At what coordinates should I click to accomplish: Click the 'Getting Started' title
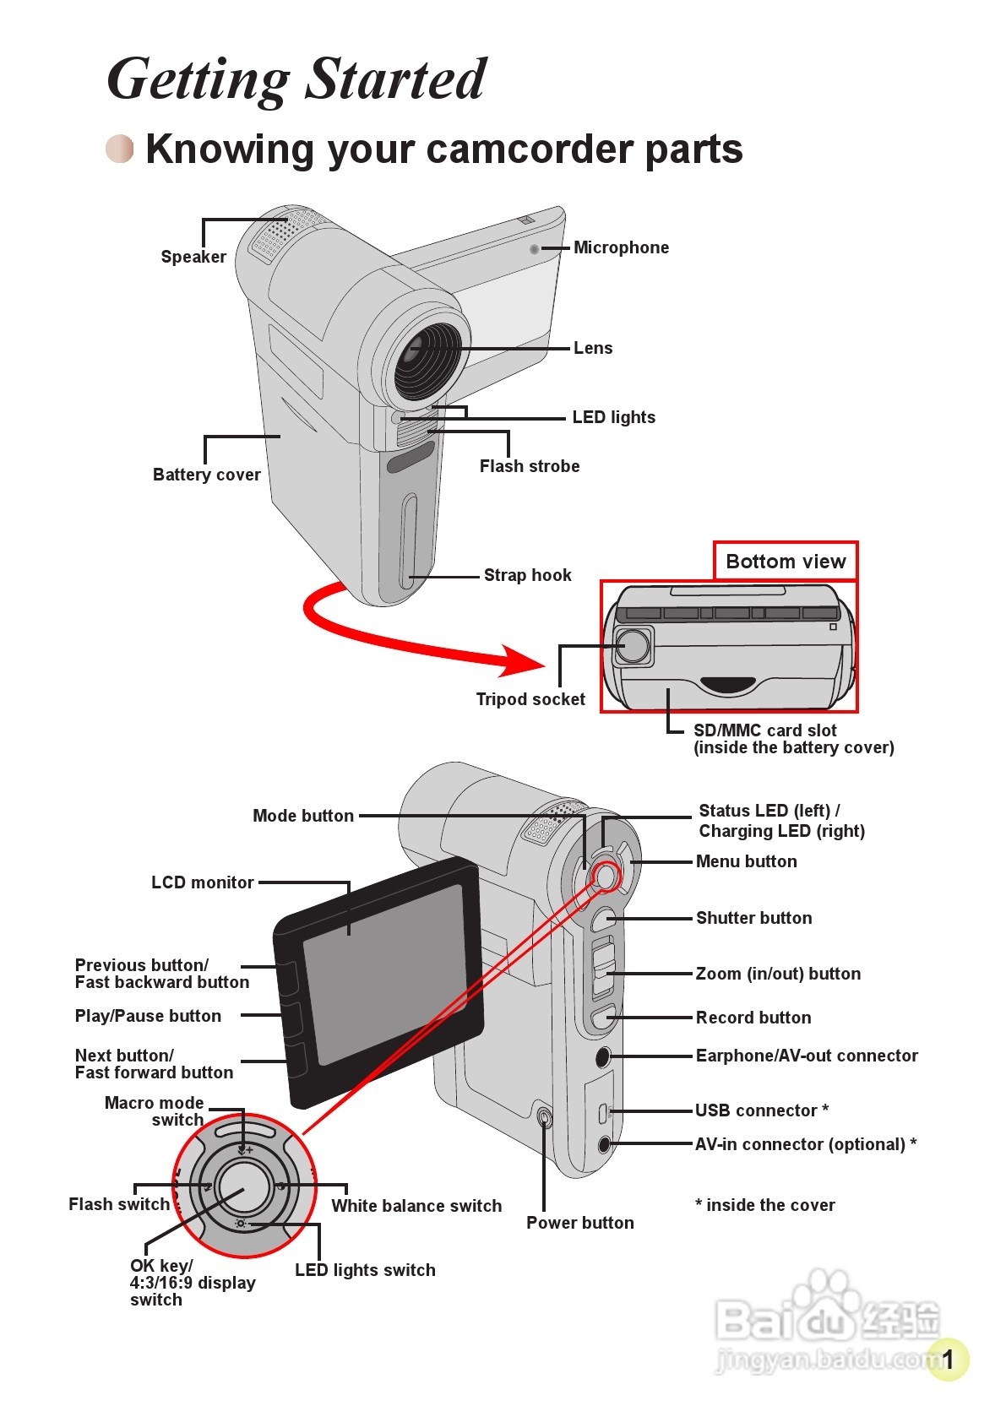296,79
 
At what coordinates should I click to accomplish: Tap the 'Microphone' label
621,247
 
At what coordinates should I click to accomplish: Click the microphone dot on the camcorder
534,249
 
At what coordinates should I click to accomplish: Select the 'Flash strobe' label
530,466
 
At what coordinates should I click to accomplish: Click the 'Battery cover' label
207,475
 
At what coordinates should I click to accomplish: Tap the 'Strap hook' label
528,575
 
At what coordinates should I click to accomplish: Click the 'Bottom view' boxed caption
786,561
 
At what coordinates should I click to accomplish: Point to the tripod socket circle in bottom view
633,645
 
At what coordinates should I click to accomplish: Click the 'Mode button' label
303,816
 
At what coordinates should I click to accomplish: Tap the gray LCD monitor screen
385,975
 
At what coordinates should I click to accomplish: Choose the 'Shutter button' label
753,918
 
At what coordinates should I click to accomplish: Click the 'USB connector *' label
762,1110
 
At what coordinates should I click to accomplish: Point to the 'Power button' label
580,1223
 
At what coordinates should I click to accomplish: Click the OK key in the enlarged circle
243,1187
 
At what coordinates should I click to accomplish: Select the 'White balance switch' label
416,1206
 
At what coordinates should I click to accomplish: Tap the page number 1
947,1360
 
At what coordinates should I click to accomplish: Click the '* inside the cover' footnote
765,1205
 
